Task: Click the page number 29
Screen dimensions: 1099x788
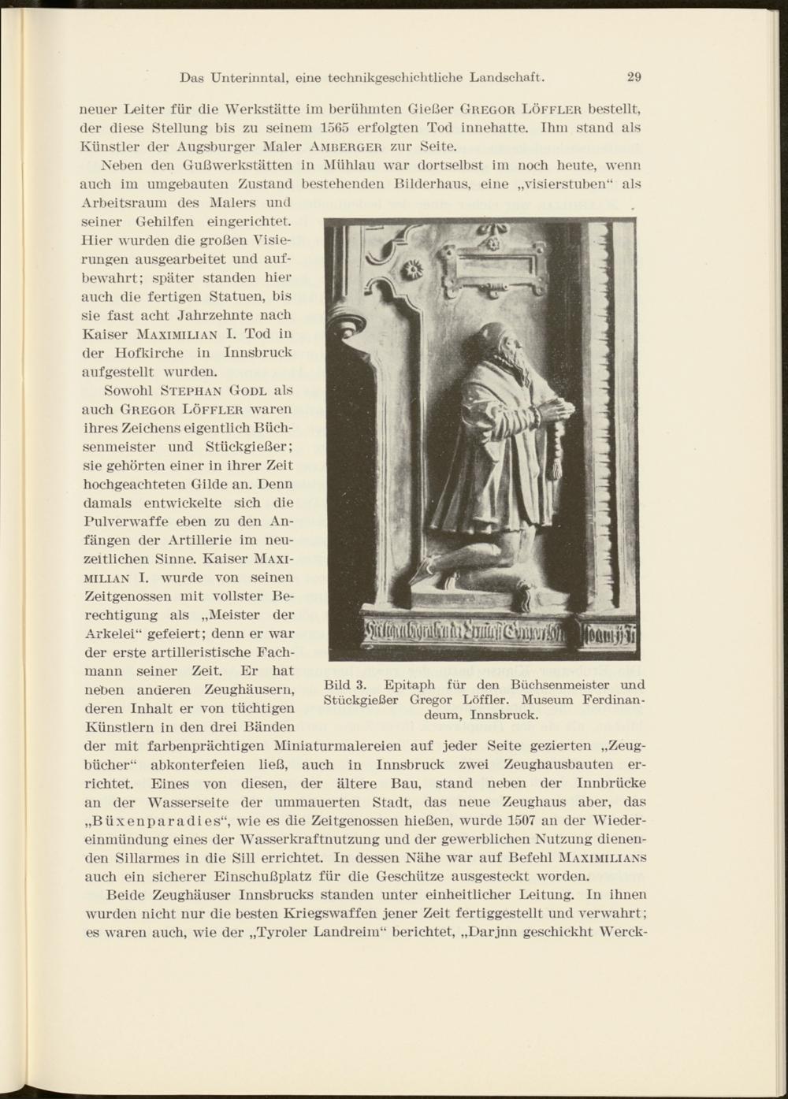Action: (x=634, y=77)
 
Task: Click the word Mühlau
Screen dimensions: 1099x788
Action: (x=345, y=165)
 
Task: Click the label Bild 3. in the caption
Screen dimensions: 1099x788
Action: (x=345, y=684)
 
